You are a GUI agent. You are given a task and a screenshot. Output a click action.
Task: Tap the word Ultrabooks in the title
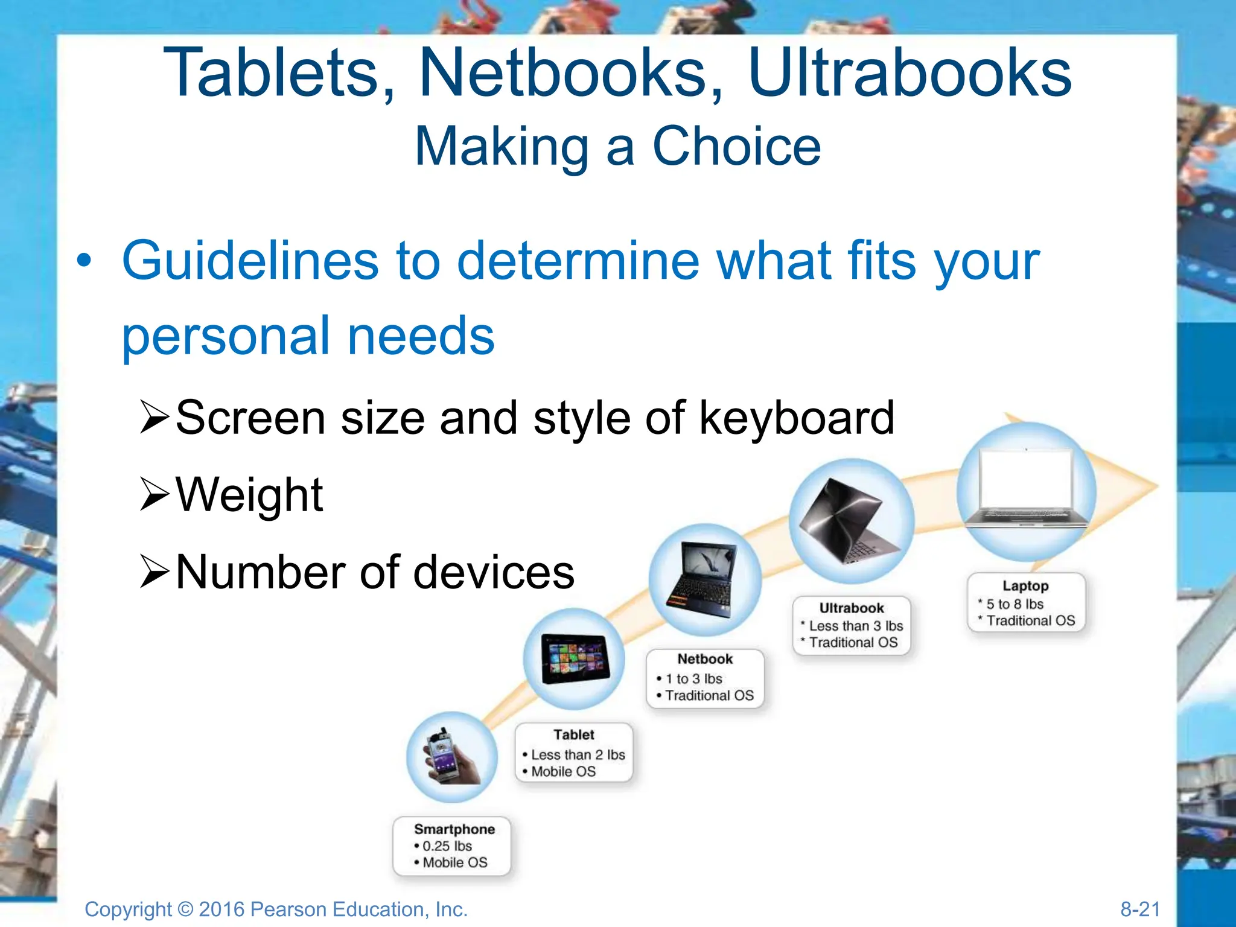pyautogui.click(x=909, y=74)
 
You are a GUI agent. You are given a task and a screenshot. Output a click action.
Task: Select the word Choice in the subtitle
pyautogui.click(x=737, y=147)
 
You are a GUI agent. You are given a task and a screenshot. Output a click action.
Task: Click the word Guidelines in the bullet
pyautogui.click(x=250, y=261)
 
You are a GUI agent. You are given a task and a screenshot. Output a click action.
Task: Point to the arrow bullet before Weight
pyautogui.click(x=154, y=494)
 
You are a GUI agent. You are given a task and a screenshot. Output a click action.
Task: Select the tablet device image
pyautogui.click(x=574, y=658)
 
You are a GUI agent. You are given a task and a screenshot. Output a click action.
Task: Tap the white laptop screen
pyautogui.click(x=1026, y=480)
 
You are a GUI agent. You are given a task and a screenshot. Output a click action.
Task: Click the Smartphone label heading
pyautogui.click(x=454, y=829)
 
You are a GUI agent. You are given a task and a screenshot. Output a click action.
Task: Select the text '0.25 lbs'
pyautogui.click(x=447, y=846)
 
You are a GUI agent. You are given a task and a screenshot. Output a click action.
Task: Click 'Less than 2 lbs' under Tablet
pyautogui.click(x=578, y=755)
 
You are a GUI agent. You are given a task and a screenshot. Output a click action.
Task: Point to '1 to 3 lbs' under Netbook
pyautogui.click(x=694, y=679)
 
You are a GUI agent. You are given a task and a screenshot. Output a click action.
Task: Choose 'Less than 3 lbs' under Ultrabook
pyautogui.click(x=856, y=626)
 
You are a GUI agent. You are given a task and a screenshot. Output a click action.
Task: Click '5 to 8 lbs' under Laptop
pyautogui.click(x=1015, y=604)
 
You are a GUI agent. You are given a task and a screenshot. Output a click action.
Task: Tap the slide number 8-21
pyautogui.click(x=1140, y=909)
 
